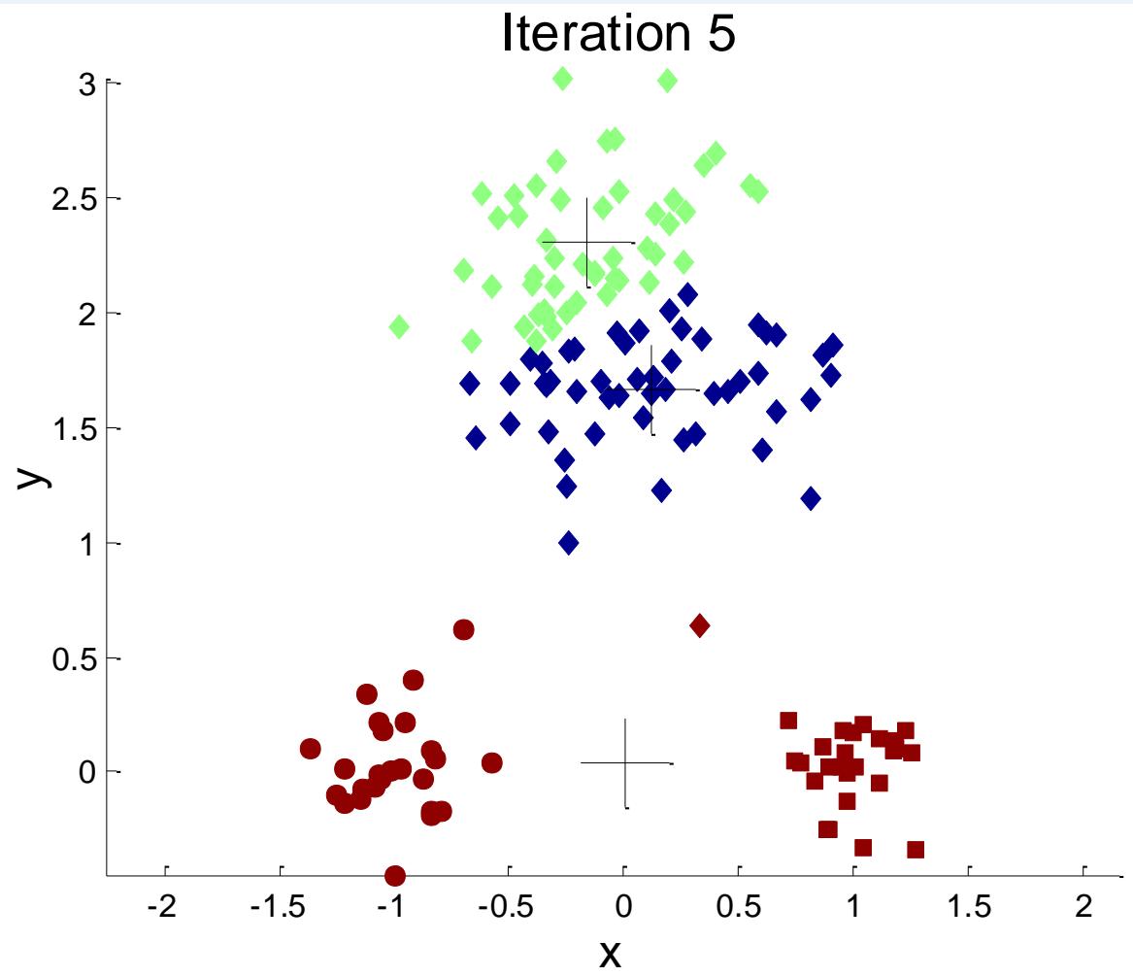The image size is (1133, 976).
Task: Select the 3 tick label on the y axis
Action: [x=87, y=84]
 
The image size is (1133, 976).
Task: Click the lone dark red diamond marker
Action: [x=699, y=625]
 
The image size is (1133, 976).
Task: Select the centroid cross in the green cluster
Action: [x=587, y=243]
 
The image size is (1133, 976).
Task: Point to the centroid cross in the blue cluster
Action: [x=651, y=389]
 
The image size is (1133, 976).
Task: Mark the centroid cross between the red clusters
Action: [x=625, y=763]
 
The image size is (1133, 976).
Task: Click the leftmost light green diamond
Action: [x=398, y=326]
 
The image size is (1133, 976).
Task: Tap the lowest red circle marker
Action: [x=394, y=876]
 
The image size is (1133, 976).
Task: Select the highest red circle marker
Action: [x=463, y=629]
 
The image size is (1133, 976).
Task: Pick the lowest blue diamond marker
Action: [x=569, y=543]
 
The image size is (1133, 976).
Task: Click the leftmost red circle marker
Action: [x=311, y=749]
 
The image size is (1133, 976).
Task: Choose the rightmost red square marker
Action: [x=915, y=850]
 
